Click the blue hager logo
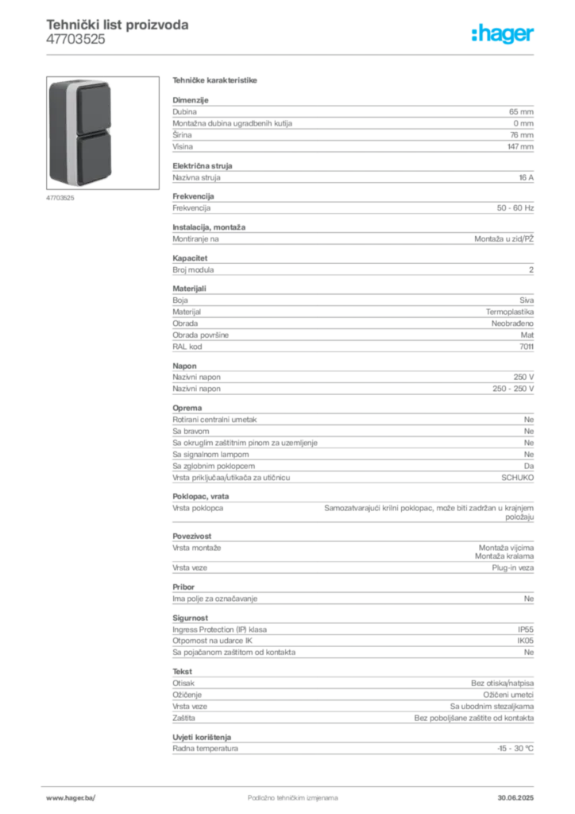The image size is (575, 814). [x=504, y=36]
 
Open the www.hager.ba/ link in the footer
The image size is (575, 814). [x=71, y=797]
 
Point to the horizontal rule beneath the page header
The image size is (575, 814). [x=291, y=54]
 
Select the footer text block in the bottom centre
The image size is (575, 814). [x=282, y=793]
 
